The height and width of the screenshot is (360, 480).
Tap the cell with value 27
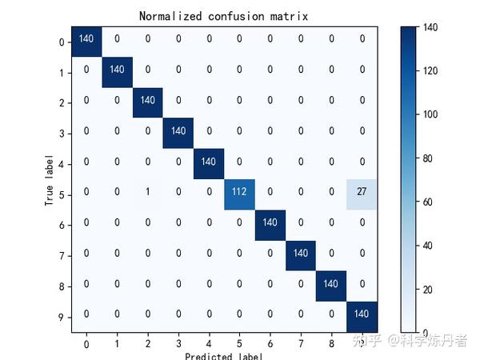coord(362,194)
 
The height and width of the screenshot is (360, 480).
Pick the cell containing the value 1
coord(147,194)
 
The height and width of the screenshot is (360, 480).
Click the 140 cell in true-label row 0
coord(86,39)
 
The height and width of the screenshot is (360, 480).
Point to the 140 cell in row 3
coord(178,132)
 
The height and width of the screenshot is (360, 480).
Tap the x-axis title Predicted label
coord(223,355)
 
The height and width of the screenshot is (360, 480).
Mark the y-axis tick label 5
coord(62,194)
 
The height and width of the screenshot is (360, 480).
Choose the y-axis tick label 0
coord(62,40)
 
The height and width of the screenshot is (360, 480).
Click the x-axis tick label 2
coord(147,343)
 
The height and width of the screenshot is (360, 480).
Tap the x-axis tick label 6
coord(270,343)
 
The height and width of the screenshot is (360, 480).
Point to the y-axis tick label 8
coord(62,286)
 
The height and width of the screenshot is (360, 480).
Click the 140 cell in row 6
coord(270,224)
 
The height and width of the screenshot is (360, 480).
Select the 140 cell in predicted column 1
coord(117,70)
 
